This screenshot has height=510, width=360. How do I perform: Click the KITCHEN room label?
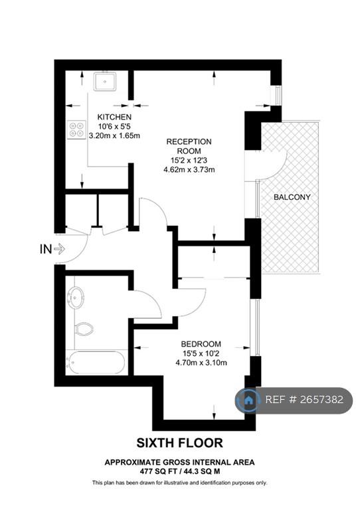[114, 117]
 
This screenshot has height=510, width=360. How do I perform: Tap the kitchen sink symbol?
[105, 81]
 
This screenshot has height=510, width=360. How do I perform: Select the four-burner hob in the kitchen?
[77, 129]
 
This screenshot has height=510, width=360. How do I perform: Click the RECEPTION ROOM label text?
[189, 146]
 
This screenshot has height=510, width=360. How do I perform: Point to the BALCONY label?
[292, 197]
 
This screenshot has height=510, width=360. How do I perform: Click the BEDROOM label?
[201, 344]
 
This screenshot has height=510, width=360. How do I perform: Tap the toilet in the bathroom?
[84, 329]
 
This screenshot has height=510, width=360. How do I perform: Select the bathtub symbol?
[96, 363]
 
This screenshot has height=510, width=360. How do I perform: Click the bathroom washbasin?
[76, 297]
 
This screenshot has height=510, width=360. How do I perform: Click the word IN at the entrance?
[46, 250]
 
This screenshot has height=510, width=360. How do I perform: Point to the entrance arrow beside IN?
[60, 250]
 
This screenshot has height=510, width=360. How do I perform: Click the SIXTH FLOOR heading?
[179, 443]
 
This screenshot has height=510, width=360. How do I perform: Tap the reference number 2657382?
[321, 400]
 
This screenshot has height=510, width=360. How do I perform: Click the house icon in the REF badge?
[249, 400]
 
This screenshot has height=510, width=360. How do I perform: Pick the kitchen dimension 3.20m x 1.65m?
[114, 135]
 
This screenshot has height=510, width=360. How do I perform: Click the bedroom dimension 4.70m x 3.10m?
[201, 363]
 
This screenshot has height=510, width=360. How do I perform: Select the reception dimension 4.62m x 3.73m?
[189, 169]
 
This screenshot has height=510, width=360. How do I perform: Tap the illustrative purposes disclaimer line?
[179, 483]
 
